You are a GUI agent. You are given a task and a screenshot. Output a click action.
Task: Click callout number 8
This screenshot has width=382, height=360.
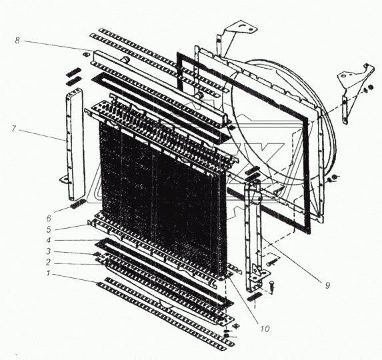[17, 40]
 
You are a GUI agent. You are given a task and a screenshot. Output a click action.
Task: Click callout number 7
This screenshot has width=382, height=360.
[14, 128]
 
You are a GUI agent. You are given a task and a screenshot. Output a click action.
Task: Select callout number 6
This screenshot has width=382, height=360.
[49, 218]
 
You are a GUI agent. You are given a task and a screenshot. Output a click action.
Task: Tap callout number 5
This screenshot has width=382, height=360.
[49, 229]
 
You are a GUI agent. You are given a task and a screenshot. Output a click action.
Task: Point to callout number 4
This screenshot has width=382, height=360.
[49, 241]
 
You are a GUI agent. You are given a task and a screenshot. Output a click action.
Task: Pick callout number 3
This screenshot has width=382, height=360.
[49, 251]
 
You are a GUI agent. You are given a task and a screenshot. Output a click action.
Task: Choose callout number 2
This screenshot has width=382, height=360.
[49, 262]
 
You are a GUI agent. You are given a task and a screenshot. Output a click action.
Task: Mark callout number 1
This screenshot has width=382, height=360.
[48, 273]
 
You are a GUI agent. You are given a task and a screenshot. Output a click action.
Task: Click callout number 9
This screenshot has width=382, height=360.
[327, 285]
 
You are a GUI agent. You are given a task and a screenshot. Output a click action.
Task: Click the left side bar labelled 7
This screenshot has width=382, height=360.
[75, 144]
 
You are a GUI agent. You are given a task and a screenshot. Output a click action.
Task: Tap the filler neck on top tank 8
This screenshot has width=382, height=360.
[126, 59]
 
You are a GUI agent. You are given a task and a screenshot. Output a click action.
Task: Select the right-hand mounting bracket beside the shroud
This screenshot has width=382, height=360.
[353, 91]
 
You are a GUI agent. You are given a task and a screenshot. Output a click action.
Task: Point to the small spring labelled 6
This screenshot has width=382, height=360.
[77, 203]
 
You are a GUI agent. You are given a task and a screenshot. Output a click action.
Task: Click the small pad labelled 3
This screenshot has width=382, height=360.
[97, 254]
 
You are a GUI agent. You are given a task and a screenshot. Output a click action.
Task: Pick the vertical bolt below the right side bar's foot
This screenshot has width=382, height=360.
[272, 286]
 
